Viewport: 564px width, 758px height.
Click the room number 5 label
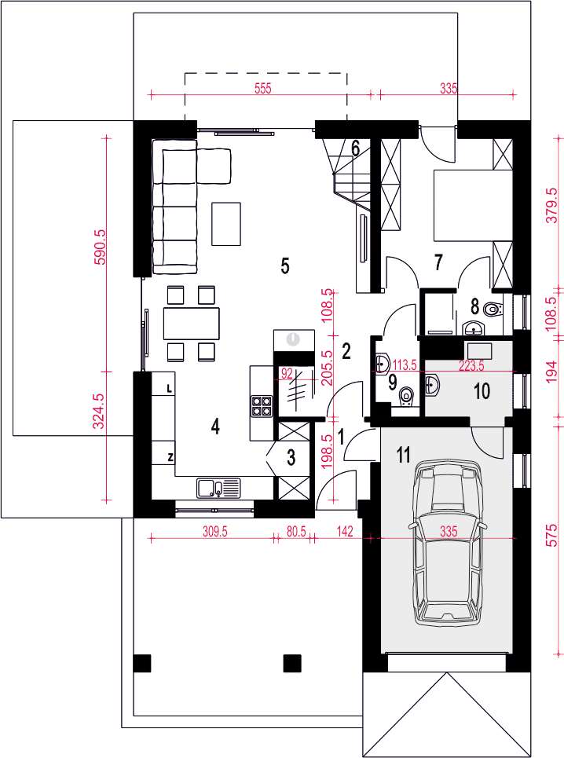point(285,265)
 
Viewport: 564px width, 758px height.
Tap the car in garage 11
point(448,544)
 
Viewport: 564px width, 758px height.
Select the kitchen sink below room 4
point(218,487)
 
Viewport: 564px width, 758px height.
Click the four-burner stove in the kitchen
point(261,406)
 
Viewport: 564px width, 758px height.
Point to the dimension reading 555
point(263,89)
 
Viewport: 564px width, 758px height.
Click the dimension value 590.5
point(99,247)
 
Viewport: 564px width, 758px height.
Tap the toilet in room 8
point(493,308)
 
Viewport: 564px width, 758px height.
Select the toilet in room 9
point(406,397)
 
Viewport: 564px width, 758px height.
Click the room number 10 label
point(482,391)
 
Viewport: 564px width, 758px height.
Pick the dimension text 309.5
point(214,532)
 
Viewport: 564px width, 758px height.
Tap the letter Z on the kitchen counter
point(170,457)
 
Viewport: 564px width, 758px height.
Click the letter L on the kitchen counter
point(169,388)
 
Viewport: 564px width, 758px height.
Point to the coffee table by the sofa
point(226,223)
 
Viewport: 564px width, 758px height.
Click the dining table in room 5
point(192,324)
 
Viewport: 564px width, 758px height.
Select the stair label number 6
point(355,148)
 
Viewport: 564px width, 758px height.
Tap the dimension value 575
point(552,534)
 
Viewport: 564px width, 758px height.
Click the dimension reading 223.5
point(471,366)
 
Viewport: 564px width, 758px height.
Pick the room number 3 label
point(291,457)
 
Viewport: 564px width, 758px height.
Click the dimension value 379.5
point(552,206)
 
